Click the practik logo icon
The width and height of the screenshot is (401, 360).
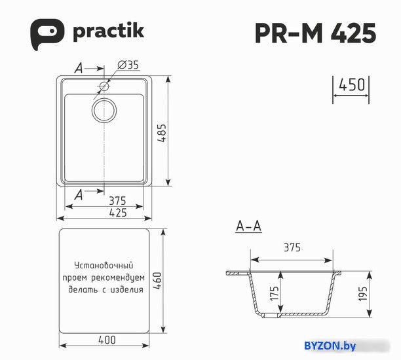tap(47, 34)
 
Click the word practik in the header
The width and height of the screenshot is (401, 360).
tap(108, 31)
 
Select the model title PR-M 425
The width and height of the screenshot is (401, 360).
tap(316, 33)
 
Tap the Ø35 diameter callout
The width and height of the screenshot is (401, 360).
tap(128, 65)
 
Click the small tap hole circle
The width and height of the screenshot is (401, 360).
tap(104, 86)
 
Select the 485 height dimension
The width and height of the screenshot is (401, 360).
tap(162, 133)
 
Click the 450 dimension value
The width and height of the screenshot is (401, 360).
tap(352, 84)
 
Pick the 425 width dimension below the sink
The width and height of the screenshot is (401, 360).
tap(118, 213)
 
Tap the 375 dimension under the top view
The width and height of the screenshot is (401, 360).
tap(118, 201)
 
